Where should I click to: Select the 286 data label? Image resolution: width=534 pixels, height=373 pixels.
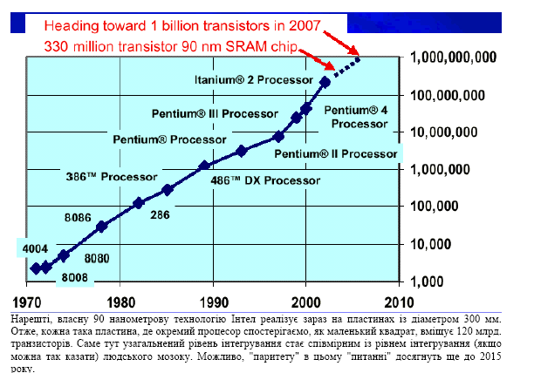point(160,214)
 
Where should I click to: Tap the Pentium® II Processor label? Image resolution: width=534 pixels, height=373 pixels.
point(335,154)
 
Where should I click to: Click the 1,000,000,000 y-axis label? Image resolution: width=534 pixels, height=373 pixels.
point(448,57)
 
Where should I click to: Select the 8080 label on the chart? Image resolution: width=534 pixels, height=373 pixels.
point(98,259)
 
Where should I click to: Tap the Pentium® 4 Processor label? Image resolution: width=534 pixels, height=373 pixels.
point(353,116)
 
